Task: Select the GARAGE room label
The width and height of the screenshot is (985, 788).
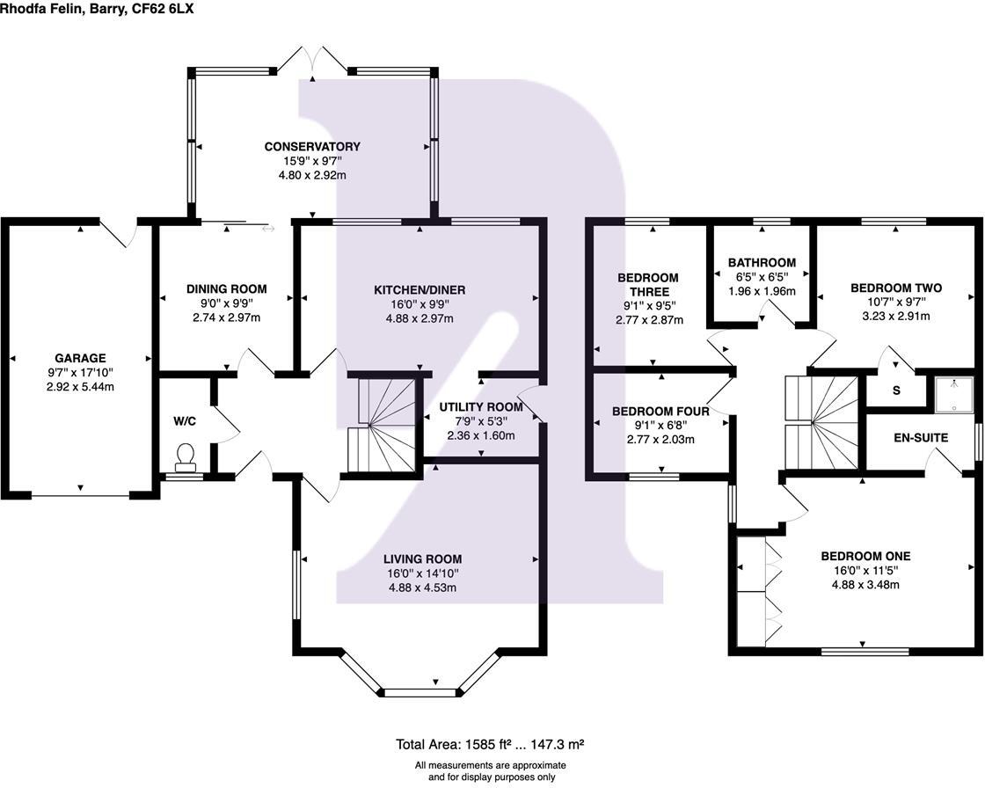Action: point(80,358)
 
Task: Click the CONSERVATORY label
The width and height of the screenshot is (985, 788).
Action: point(312,147)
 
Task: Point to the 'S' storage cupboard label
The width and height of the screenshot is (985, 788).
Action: point(896,390)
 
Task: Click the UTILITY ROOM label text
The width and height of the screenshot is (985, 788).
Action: point(481,407)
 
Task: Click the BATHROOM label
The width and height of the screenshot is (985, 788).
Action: point(762,263)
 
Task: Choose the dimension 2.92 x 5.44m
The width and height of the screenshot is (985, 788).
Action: point(80,387)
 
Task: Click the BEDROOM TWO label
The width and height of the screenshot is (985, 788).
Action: point(896,288)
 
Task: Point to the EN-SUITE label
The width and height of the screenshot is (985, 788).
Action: point(920,437)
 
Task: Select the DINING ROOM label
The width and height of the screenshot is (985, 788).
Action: point(226,288)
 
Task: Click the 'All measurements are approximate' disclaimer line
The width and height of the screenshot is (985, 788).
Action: point(491,765)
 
